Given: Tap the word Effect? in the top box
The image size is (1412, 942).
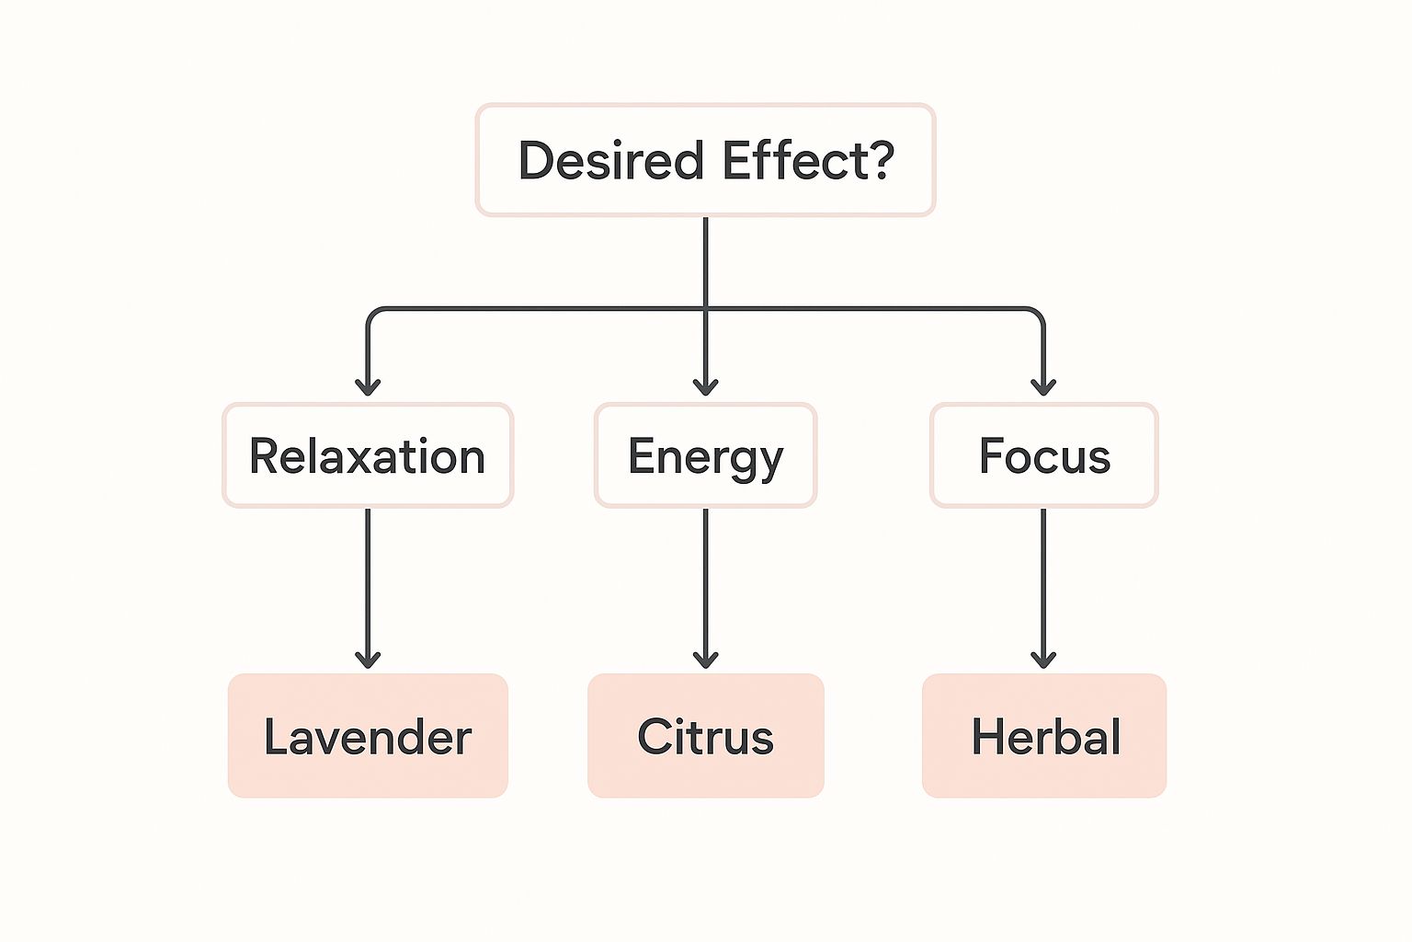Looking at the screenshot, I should tap(807, 161).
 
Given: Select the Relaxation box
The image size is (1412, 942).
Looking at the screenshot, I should tap(368, 455).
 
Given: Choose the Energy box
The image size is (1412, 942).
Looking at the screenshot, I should tap(705, 455).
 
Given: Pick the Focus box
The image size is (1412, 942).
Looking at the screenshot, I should tap(1043, 455).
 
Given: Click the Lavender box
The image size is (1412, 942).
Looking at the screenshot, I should tap(368, 736).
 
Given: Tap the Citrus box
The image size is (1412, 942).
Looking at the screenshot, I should tap(705, 736).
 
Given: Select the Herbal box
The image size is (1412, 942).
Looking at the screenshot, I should tap(1044, 736).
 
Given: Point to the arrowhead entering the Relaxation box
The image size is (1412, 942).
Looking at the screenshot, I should tap(368, 385).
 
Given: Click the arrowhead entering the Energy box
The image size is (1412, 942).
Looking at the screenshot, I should tap(705, 385).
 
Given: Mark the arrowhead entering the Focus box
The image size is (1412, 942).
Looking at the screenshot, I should tap(1043, 385).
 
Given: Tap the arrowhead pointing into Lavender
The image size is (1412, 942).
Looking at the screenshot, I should tap(368, 658).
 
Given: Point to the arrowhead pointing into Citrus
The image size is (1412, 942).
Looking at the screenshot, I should tap(705, 658).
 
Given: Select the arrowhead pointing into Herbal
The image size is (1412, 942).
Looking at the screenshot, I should tap(1043, 658).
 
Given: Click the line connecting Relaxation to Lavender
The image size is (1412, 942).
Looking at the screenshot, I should tap(368, 580).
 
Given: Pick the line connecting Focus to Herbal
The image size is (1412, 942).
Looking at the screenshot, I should tap(1043, 580).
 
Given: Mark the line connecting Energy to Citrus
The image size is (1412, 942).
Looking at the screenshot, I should tap(705, 580).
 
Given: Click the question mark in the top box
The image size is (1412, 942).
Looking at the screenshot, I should tap(880, 160).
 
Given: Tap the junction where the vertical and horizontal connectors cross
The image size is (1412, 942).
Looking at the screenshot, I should tap(705, 309).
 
